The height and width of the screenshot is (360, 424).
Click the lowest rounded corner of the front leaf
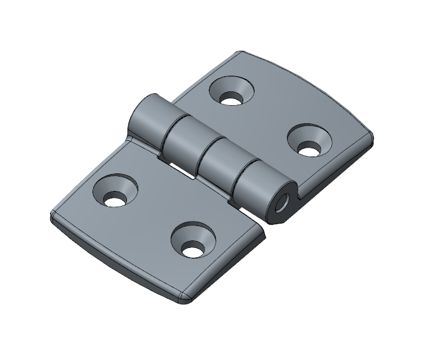pos(181,299)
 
